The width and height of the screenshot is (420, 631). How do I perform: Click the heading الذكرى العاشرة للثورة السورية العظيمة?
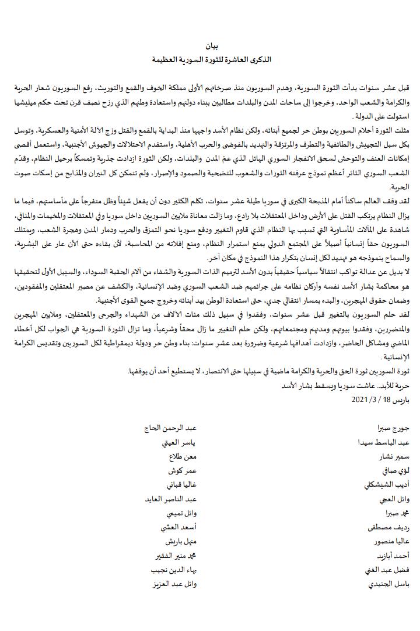[210, 60]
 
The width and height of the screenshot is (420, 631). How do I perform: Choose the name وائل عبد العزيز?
[169, 584]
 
